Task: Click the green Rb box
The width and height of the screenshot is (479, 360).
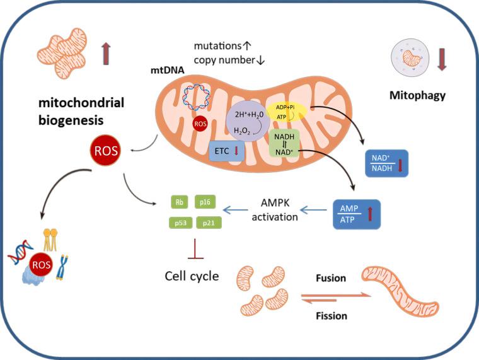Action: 179,202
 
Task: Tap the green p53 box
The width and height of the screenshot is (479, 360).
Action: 179,223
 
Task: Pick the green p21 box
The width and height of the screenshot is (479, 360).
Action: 207,223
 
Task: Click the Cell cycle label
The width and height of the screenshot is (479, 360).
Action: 192,276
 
